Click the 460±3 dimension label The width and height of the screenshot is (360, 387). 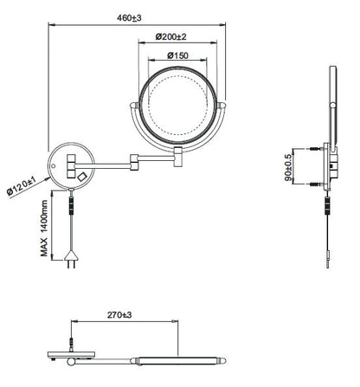[129, 18]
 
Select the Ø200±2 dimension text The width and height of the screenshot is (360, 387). [171, 36]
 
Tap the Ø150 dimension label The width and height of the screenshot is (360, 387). [177, 55]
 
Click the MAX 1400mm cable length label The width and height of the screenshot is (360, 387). [44, 228]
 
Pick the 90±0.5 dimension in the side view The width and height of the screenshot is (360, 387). [288, 168]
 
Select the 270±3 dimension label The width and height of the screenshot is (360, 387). [119, 315]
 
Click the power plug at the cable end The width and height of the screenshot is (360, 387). [71, 259]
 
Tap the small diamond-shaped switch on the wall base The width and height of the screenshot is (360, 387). [82, 177]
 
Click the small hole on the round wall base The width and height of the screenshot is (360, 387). [53, 166]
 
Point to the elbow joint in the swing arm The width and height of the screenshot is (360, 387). [134, 162]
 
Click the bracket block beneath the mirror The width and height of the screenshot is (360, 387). [178, 157]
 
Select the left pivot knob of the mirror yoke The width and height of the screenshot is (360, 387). [134, 106]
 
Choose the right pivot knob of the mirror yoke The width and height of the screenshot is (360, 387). [222, 106]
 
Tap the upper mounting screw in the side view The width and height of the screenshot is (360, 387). [316, 149]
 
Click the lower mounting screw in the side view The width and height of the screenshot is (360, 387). [316, 184]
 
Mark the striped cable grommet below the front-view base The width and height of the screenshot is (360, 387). [71, 205]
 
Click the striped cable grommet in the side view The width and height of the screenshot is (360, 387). [327, 206]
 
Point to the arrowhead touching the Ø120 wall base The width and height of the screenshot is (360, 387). [46, 179]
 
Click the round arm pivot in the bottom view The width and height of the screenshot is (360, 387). [71, 362]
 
